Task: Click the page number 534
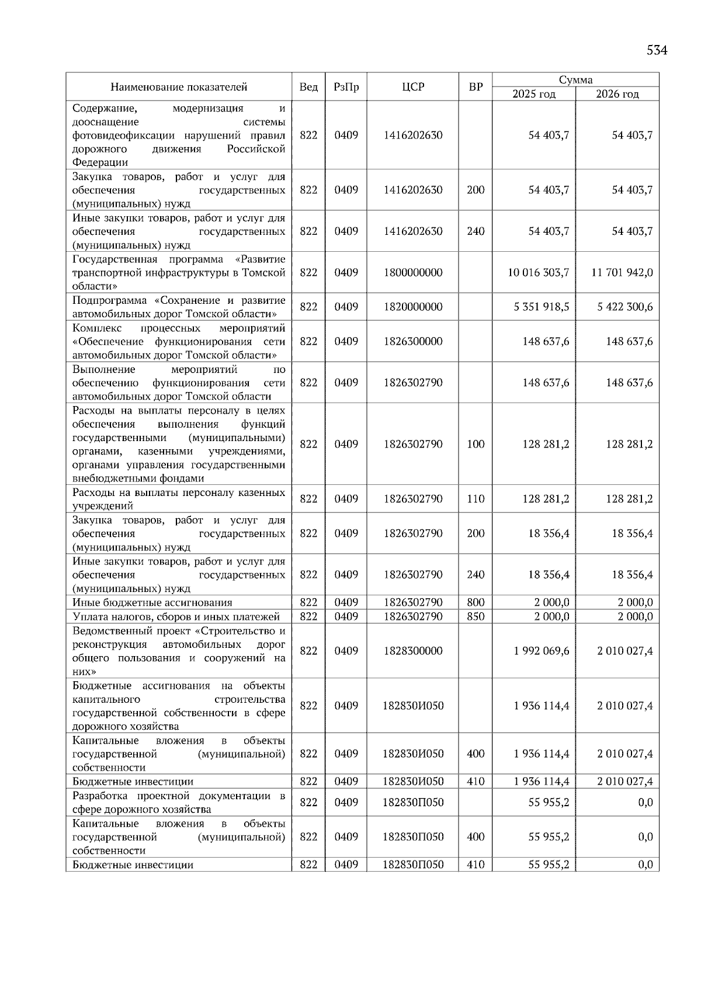(657, 50)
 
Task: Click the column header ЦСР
(413, 87)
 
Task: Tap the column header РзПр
(346, 87)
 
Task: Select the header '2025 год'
(534, 94)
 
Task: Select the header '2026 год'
(617, 94)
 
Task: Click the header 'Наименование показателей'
(179, 87)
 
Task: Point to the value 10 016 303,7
(539, 272)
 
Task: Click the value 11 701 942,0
(622, 272)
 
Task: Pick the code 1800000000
(413, 272)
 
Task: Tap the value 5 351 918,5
(542, 307)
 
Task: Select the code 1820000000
(413, 307)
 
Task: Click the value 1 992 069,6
(542, 651)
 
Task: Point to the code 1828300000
(413, 651)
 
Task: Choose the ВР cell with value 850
(476, 616)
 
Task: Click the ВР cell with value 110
(476, 499)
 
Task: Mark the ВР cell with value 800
(476, 602)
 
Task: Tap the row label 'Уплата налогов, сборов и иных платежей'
(176, 616)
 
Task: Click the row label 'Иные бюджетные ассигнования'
(152, 602)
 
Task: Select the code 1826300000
(413, 341)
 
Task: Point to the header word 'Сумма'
(575, 80)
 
